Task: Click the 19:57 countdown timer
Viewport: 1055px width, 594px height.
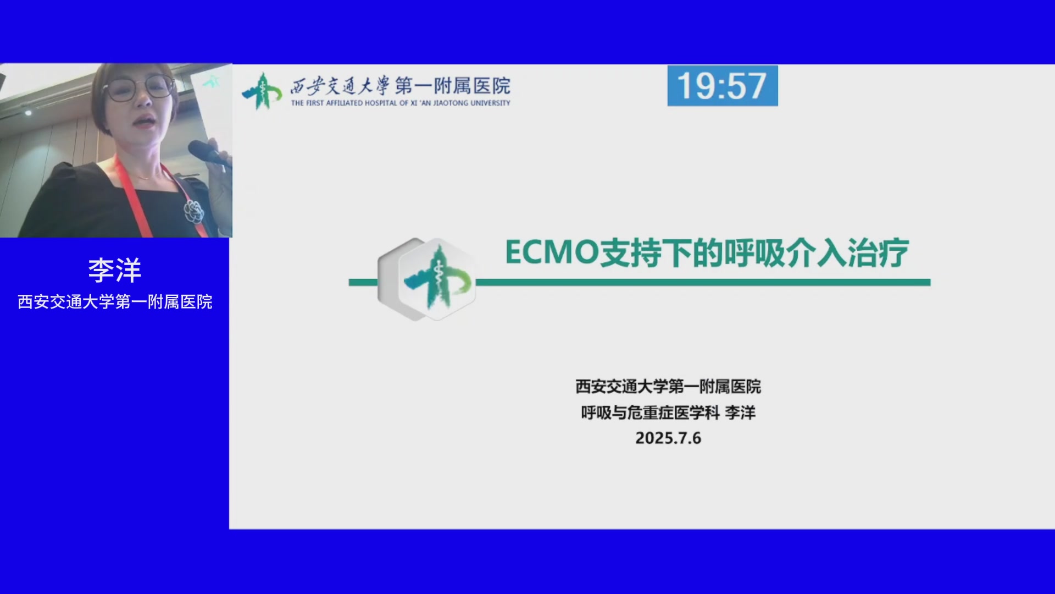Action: click(723, 86)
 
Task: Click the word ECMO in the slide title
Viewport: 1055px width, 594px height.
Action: click(552, 252)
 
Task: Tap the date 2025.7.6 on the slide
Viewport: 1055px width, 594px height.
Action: click(668, 438)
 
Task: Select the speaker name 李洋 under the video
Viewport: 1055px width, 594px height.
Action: click(115, 271)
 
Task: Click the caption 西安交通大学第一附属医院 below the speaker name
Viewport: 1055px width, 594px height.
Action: click(115, 302)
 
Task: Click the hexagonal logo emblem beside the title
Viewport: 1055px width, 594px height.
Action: click(427, 279)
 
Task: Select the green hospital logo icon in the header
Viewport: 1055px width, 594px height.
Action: click(262, 91)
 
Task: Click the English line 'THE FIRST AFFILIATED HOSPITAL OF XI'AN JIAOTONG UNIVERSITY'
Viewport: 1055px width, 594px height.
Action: click(401, 103)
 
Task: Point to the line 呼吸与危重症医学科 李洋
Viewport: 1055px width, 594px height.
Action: click(668, 413)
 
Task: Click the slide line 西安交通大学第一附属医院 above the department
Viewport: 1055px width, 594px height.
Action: click(668, 387)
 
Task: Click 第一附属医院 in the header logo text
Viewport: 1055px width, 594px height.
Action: click(453, 86)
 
